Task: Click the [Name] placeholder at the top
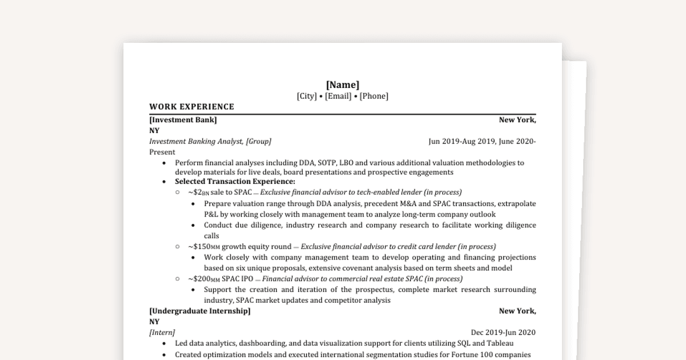342,85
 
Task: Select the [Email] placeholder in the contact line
338,96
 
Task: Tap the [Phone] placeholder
374,96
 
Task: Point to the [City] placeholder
306,96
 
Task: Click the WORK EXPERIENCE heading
192,107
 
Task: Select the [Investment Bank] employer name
183,120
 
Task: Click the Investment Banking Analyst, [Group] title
210,141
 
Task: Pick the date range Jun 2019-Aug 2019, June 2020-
482,141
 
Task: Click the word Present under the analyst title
162,152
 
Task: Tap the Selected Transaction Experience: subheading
235,181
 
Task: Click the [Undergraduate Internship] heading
200,311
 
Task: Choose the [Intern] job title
162,332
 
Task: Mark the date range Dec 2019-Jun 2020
503,332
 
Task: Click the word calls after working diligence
212,235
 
